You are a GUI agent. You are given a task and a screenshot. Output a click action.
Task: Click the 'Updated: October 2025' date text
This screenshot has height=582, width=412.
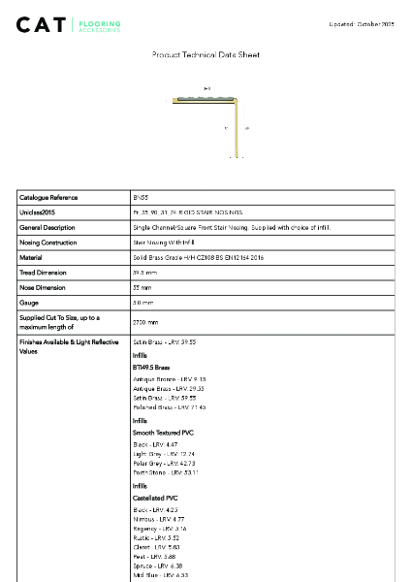(362, 23)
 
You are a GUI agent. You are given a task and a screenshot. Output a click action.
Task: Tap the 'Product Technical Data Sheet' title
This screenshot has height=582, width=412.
(206, 55)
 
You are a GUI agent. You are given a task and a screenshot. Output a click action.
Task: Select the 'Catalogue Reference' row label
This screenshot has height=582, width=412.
(48, 197)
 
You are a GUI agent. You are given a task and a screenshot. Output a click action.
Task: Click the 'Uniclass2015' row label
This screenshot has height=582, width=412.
(37, 212)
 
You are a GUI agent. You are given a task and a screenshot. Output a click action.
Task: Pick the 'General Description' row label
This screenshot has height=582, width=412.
(48, 227)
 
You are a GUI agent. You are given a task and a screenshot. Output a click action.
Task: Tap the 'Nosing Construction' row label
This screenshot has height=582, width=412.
(48, 242)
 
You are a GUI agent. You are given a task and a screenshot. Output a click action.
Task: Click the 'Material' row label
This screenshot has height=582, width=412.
(31, 258)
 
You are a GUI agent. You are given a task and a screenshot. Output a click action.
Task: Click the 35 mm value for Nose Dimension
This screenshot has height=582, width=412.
(144, 288)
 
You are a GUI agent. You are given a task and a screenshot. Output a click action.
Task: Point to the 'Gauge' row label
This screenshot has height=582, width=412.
(29, 304)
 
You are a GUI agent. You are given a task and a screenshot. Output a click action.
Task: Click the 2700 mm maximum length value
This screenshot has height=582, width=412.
(146, 321)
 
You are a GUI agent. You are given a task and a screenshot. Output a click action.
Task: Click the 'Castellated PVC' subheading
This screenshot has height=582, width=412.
(156, 498)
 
